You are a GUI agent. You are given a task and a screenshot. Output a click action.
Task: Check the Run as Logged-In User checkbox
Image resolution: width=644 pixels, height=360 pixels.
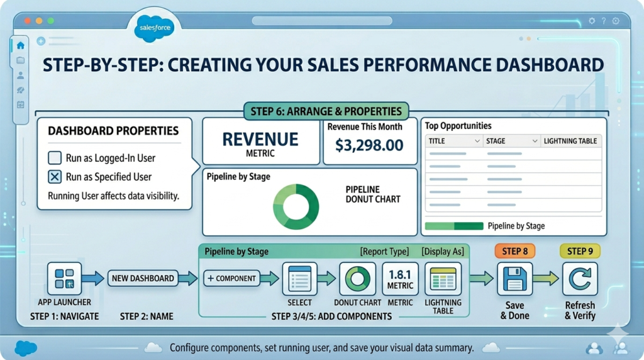[55, 158]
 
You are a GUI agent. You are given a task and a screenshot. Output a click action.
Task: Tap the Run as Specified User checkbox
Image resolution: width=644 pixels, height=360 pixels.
[55, 177]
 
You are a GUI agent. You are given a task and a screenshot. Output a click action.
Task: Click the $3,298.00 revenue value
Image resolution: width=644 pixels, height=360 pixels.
[369, 146]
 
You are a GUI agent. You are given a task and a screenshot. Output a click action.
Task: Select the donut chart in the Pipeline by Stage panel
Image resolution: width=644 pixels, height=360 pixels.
[296, 206]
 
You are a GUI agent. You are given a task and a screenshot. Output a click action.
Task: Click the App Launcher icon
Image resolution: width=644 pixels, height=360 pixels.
[64, 279]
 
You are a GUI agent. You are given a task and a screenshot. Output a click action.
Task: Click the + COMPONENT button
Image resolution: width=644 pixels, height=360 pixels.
[231, 278]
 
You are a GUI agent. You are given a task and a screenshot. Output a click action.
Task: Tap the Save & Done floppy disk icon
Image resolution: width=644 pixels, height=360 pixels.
[515, 279]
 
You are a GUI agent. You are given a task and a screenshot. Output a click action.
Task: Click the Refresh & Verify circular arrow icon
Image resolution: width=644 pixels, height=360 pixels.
[580, 279]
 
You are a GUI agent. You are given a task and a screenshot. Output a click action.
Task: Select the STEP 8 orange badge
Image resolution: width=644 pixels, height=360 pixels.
[515, 251]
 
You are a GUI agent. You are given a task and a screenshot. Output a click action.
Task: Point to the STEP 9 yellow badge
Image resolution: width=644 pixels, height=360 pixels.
[580, 251]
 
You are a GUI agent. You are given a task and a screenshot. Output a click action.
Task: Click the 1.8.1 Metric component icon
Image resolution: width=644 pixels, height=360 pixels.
[400, 279]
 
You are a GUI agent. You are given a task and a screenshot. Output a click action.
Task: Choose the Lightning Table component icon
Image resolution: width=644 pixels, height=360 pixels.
[443, 279]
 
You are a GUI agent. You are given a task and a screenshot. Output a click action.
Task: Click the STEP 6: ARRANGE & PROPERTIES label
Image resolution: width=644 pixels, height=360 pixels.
[326, 111]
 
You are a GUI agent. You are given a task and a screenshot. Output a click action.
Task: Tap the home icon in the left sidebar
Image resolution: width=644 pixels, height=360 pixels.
[20, 45]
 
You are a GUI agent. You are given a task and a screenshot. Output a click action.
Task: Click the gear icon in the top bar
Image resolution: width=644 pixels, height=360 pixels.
[592, 21]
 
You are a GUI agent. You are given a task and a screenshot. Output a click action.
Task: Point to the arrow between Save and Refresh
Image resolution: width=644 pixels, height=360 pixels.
[547, 279]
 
